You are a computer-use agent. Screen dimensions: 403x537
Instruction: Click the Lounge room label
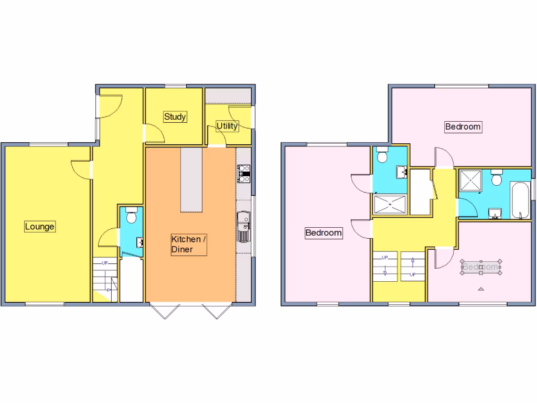(x=40, y=227)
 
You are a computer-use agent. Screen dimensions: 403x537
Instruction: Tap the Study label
(x=175, y=116)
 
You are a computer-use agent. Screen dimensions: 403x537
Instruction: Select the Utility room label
(x=228, y=126)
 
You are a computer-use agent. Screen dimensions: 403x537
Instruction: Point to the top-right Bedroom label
(x=463, y=126)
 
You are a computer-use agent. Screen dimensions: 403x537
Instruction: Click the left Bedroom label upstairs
(x=324, y=232)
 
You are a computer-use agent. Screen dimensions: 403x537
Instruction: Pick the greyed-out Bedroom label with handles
(x=481, y=267)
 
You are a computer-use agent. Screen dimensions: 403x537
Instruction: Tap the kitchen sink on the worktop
(x=244, y=227)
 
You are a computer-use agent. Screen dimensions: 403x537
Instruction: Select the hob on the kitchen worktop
(x=244, y=173)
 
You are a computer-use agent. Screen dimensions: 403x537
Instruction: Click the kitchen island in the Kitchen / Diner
(x=191, y=179)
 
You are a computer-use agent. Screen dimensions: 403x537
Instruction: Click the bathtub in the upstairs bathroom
(x=519, y=200)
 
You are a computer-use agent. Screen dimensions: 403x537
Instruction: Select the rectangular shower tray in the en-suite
(x=390, y=205)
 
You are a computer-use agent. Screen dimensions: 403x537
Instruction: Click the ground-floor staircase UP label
(x=104, y=263)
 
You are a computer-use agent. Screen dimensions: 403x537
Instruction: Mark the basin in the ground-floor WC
(x=140, y=242)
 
